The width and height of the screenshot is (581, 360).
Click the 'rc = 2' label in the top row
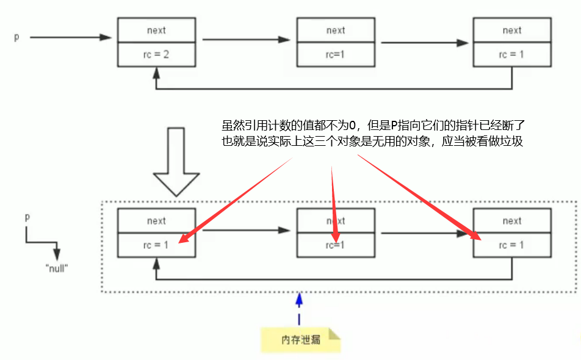coord(156,55)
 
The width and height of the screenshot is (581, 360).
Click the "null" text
coord(56,268)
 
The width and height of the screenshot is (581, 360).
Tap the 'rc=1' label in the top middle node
coord(335,55)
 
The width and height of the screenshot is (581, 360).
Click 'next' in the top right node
coord(512,31)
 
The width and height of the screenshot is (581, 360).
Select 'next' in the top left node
coord(156,31)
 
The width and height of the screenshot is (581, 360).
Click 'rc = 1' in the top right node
coord(512,55)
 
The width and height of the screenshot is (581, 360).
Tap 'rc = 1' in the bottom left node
coord(156,245)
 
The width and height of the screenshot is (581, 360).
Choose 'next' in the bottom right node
coord(512,221)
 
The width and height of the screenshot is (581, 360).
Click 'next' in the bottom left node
coord(156,221)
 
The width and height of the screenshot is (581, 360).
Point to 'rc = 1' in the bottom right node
coord(512,245)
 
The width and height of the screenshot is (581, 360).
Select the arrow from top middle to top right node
coord(425,43)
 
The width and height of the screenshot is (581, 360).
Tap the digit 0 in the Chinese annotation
coord(352,127)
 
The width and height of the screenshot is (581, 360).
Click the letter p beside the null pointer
coord(27,217)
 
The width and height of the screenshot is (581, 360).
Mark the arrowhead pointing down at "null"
coord(57,253)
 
